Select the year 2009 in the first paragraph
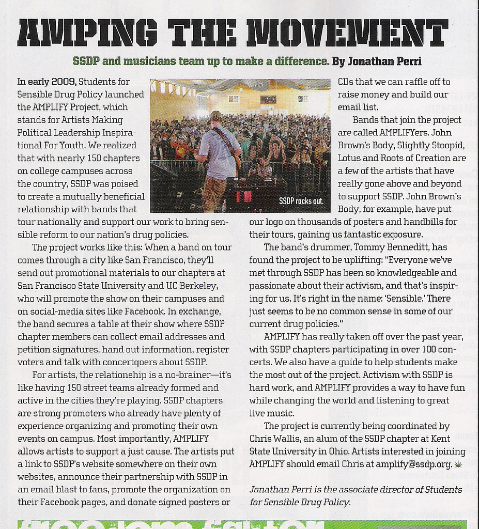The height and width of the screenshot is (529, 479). (65, 82)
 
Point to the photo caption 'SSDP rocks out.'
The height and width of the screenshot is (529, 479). (301, 200)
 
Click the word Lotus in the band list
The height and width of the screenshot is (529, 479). (350, 158)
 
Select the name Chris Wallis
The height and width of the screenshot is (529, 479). (274, 439)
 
